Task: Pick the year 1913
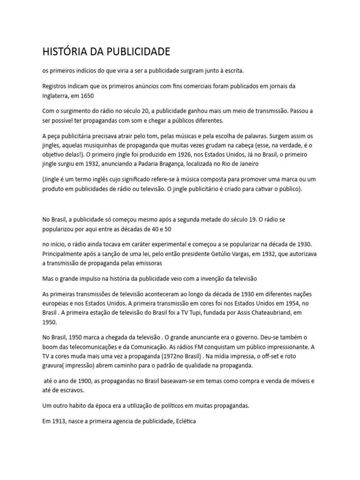58,421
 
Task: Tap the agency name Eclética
184,421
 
